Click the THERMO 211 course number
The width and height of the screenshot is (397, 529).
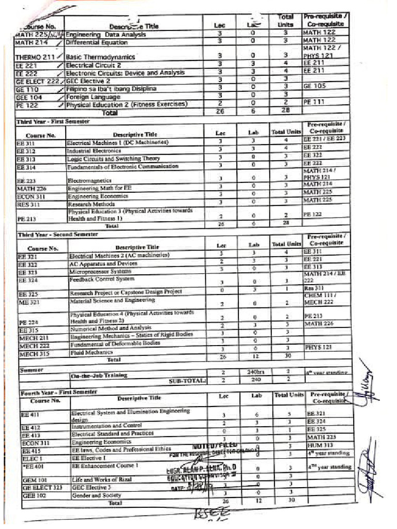pos(34,57)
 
